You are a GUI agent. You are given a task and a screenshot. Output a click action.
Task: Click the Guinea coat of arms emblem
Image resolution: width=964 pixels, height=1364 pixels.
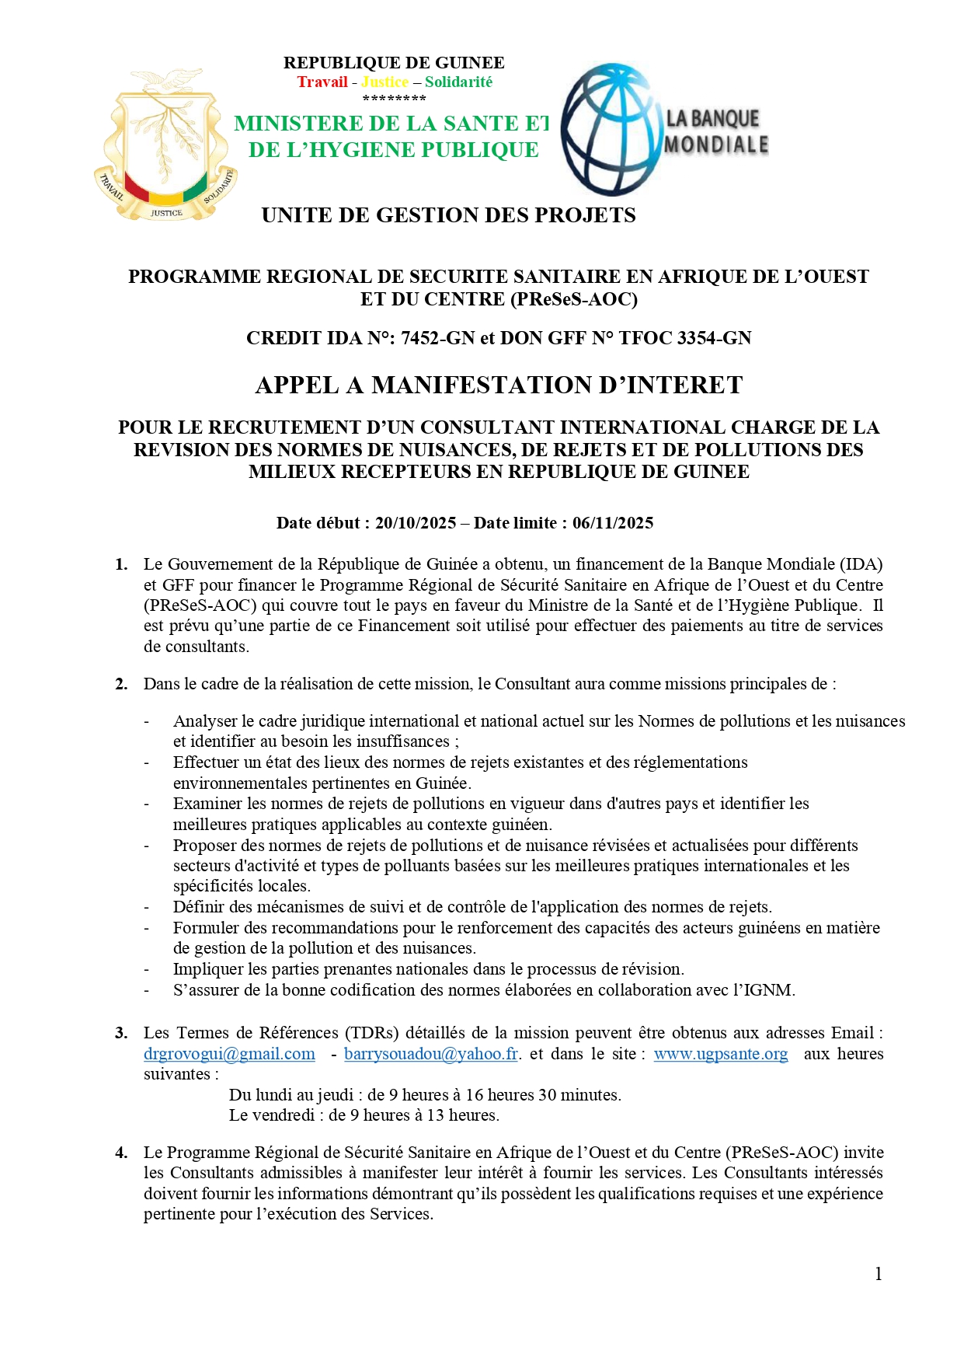point(165,145)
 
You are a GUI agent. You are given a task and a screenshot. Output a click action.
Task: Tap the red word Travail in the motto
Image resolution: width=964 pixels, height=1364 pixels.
point(322,82)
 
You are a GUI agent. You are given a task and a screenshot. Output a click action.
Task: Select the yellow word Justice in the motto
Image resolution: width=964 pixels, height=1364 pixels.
point(385,82)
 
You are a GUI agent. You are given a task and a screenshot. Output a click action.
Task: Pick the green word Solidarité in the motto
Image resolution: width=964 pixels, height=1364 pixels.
point(458,82)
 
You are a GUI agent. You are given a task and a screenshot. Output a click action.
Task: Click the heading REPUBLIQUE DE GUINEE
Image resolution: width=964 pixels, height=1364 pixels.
point(394,63)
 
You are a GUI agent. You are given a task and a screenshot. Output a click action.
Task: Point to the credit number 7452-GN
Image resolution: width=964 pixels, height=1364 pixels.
point(437,338)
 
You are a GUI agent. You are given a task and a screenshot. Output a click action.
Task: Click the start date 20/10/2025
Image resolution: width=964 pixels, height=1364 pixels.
point(416,523)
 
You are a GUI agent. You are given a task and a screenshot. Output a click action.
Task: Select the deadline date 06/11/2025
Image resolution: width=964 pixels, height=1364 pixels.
point(613,523)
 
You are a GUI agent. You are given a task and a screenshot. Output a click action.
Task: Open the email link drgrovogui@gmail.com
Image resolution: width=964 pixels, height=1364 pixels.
point(229,1054)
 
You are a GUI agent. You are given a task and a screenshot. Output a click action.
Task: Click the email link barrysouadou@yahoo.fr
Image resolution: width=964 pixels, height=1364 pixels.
point(431,1054)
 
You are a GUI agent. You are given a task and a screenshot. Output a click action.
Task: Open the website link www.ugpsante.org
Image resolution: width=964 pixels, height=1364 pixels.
point(720,1054)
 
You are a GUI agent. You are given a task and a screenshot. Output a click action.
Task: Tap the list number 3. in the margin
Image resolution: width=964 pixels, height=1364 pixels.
point(121,1033)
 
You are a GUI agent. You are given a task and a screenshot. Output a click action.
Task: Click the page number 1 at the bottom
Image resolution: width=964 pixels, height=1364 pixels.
point(879,1274)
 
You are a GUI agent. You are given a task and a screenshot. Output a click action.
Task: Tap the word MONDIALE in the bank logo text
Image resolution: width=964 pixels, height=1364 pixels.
point(715,145)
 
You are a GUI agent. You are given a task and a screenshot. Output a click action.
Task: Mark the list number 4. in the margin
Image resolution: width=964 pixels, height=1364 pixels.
point(121,1153)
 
